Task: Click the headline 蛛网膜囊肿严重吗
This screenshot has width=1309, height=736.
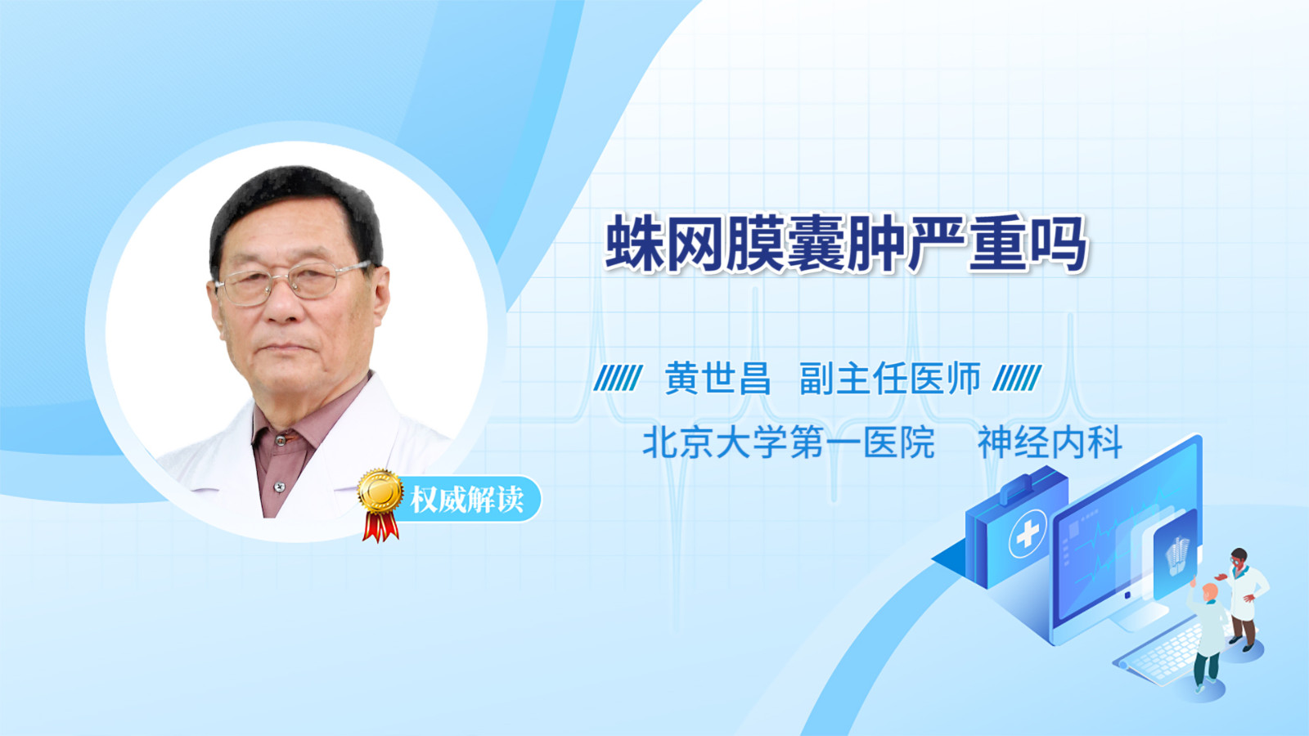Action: pyautogui.click(x=846, y=244)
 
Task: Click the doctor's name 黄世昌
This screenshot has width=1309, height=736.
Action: pyautogui.click(x=717, y=379)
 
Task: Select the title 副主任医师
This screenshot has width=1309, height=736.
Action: pyautogui.click(x=890, y=379)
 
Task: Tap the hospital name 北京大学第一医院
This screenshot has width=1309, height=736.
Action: pyautogui.click(x=789, y=442)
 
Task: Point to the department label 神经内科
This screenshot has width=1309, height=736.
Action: pyautogui.click(x=1050, y=442)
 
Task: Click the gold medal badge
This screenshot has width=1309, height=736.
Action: pyautogui.click(x=380, y=491)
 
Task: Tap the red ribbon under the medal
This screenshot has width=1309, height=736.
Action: pyautogui.click(x=380, y=527)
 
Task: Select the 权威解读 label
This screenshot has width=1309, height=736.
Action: pyautogui.click(x=466, y=500)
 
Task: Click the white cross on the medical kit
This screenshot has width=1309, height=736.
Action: pyautogui.click(x=1027, y=532)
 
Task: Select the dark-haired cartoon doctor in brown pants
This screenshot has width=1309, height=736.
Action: pyautogui.click(x=1243, y=599)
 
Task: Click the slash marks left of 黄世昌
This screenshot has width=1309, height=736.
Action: pyautogui.click(x=618, y=378)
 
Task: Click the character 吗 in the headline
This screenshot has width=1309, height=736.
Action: pyautogui.click(x=1059, y=244)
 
